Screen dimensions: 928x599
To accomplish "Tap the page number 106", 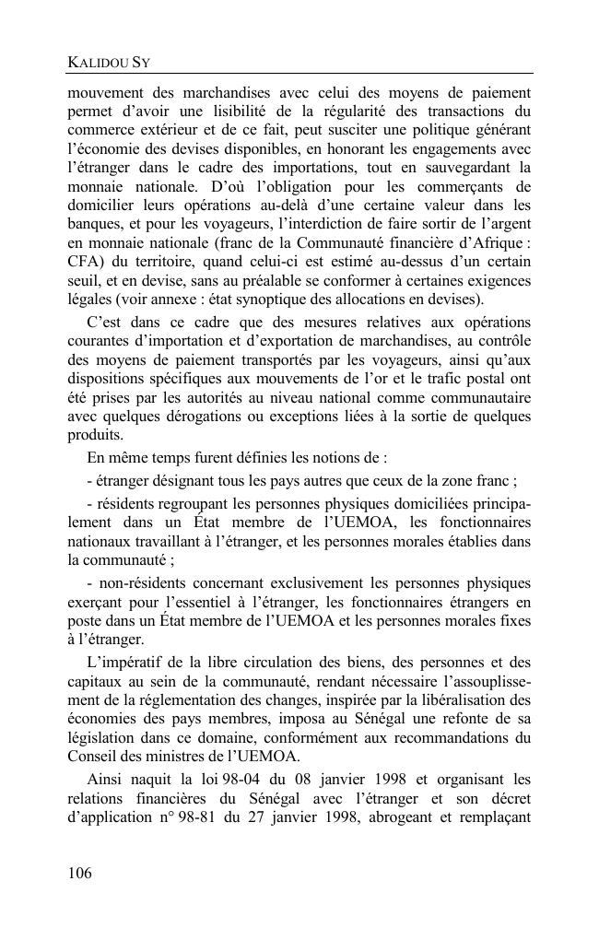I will [x=80, y=873].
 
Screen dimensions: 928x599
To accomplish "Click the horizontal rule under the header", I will [x=299, y=74].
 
